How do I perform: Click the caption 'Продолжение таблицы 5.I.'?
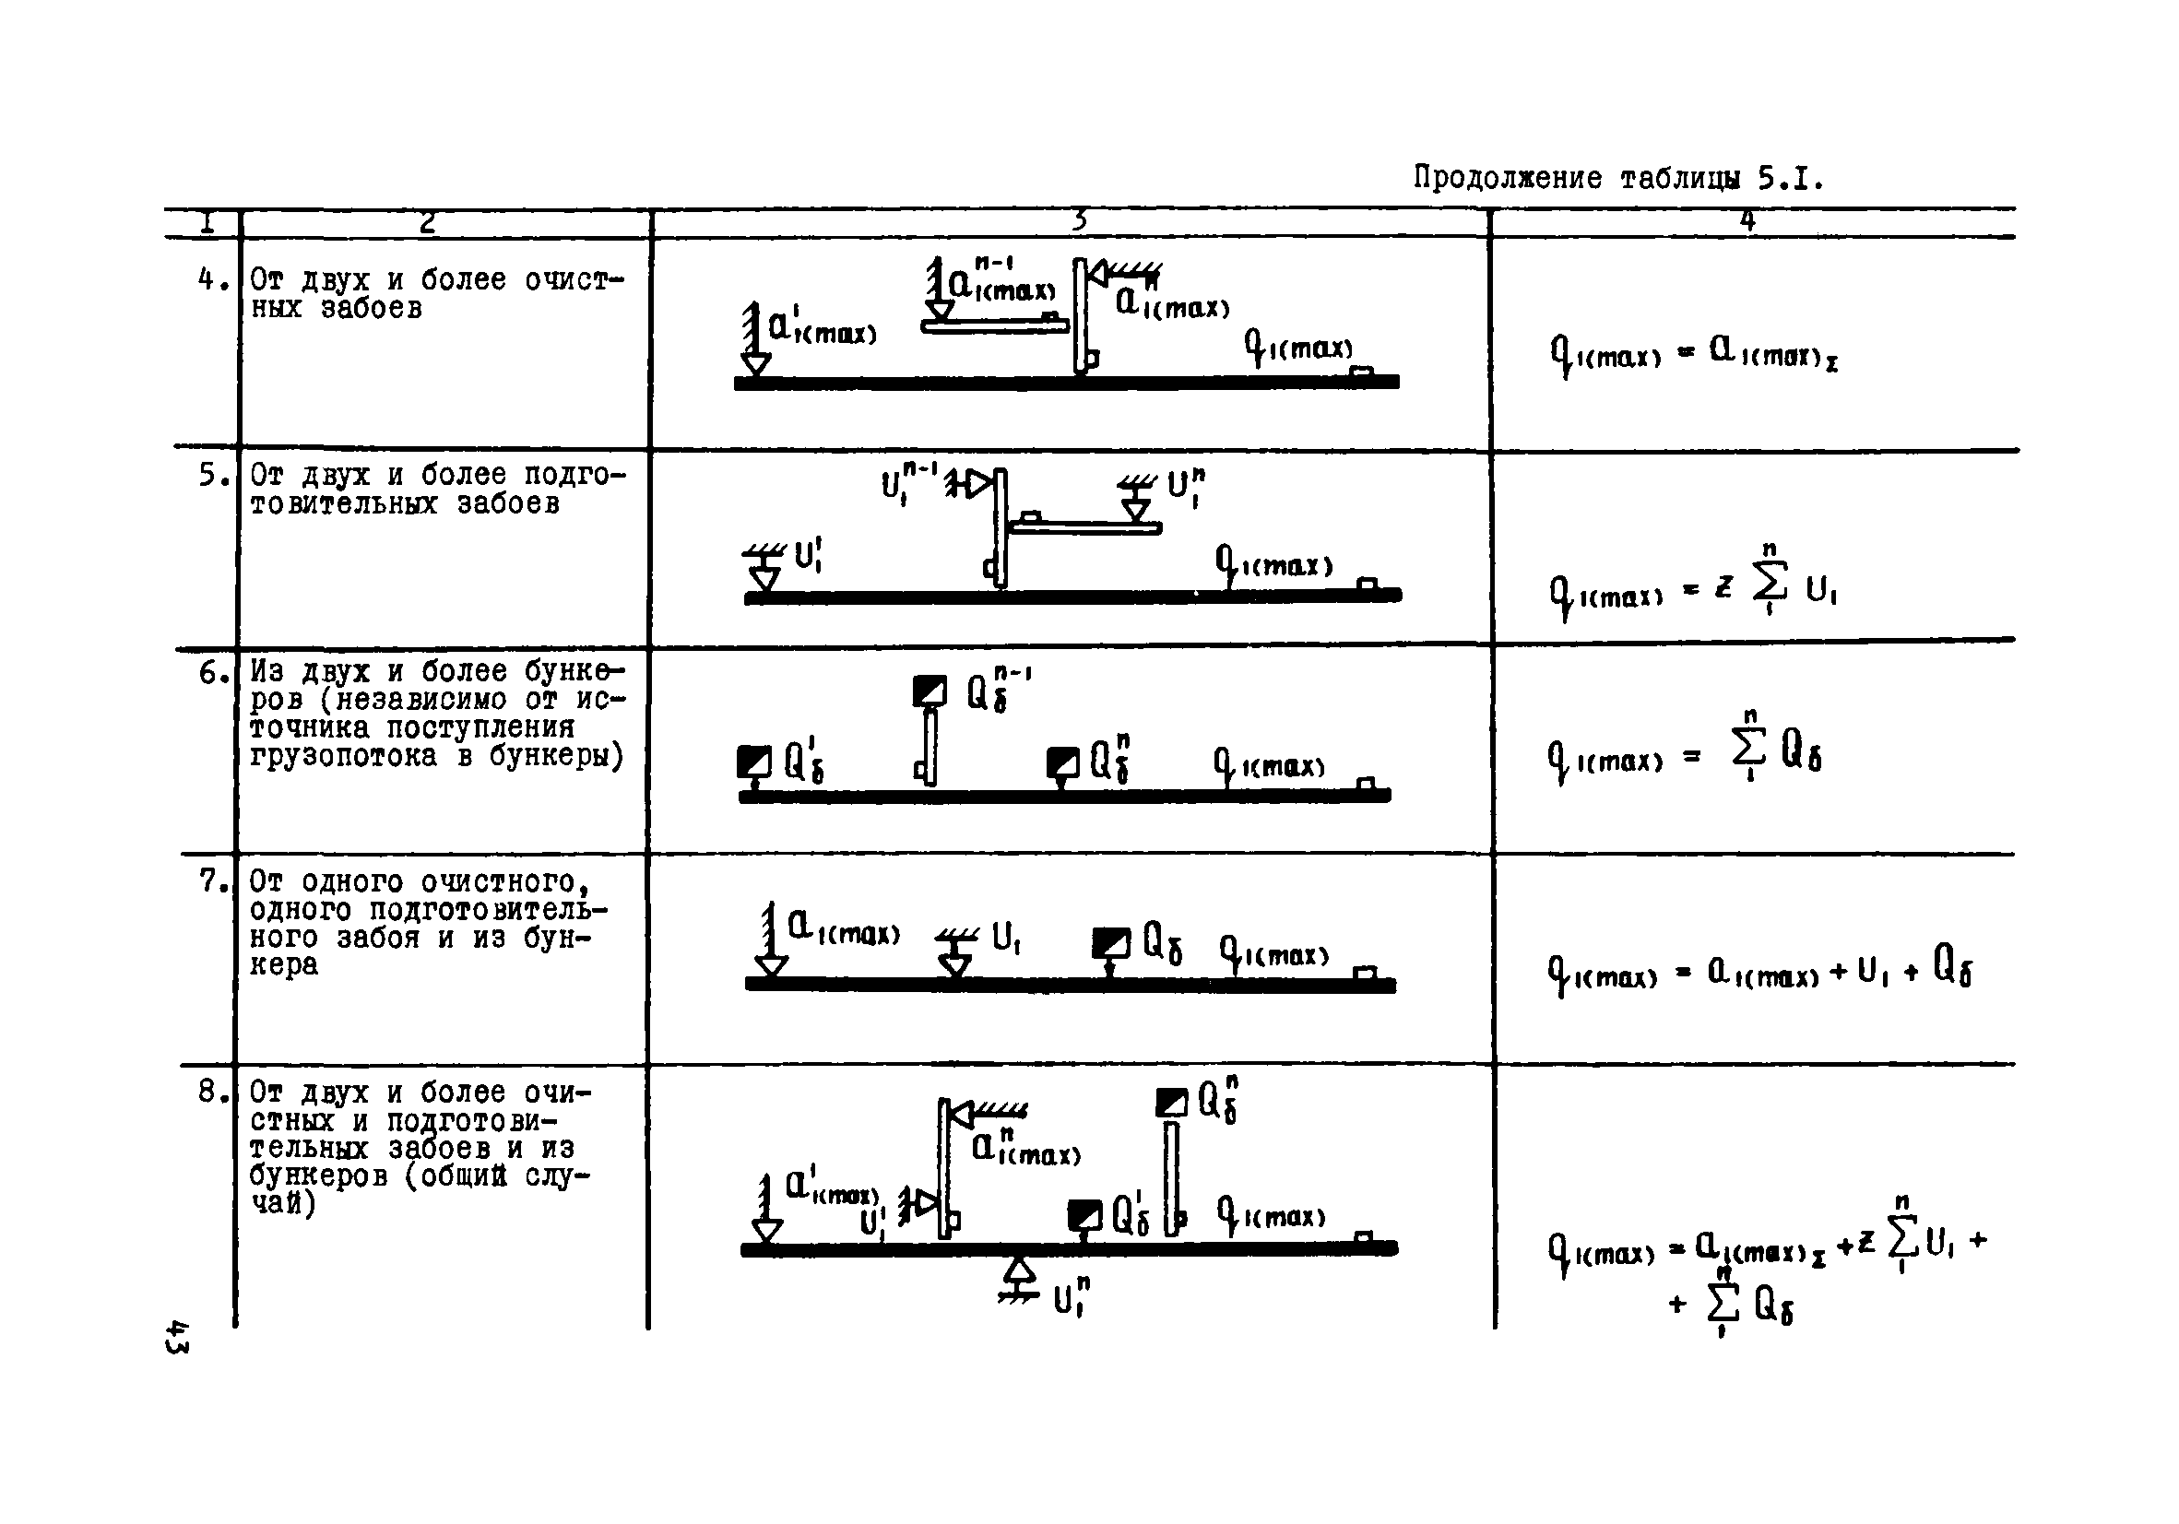click(1618, 177)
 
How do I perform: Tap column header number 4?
click(1747, 221)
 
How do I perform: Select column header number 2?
click(427, 222)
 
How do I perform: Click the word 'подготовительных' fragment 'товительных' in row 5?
click(343, 503)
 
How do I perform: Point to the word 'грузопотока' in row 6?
click(343, 756)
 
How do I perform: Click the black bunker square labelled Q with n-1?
click(930, 691)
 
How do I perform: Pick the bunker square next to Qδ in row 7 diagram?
click(1110, 942)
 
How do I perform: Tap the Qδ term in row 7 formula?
click(1952, 967)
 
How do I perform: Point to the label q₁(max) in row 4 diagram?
click(1298, 349)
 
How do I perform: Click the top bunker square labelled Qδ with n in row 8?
click(1171, 1103)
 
